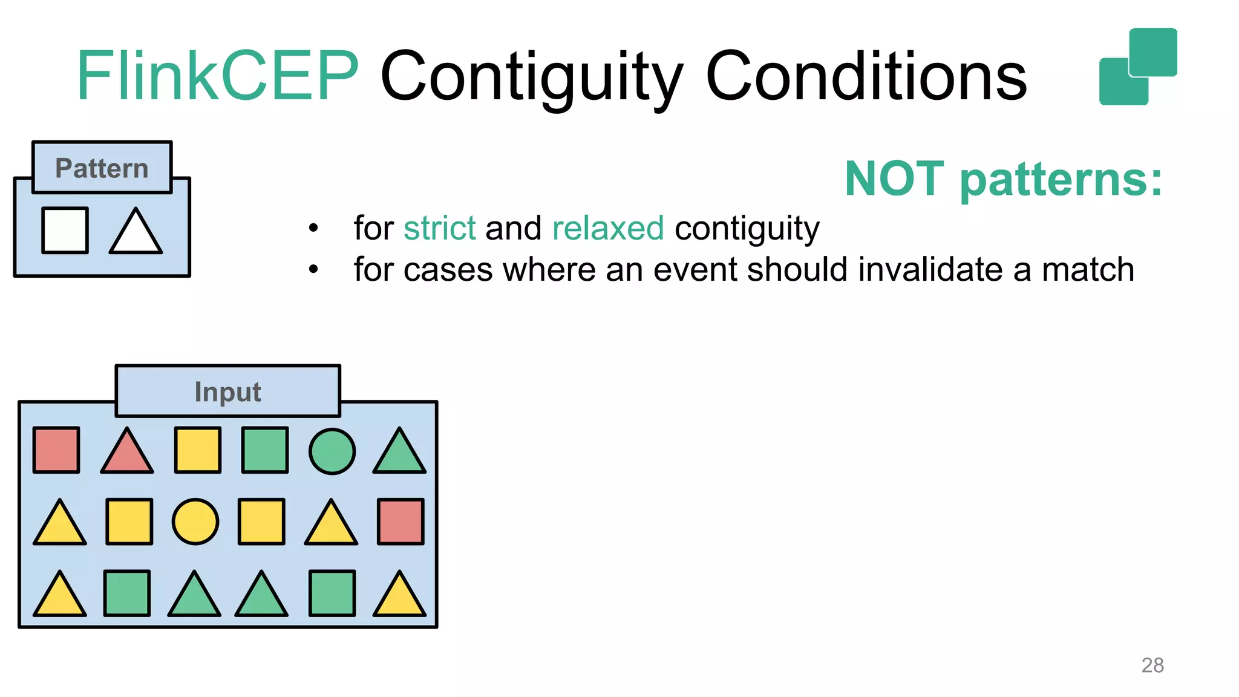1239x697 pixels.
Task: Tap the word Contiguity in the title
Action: click(531, 76)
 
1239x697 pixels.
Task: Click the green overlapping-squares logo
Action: click(1137, 67)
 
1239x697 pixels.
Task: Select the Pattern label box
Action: click(102, 168)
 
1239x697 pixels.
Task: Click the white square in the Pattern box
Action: click(65, 230)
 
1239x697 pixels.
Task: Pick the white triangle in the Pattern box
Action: click(136, 233)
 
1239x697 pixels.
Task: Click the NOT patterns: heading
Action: click(1003, 179)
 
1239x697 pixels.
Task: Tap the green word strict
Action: click(440, 228)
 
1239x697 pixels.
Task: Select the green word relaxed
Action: click(608, 228)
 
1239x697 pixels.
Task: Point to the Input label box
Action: click(227, 391)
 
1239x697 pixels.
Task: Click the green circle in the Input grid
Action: click(332, 451)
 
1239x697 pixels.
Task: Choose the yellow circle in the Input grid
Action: click(195, 522)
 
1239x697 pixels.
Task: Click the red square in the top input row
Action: click(56, 450)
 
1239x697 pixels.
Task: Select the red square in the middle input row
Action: click(400, 522)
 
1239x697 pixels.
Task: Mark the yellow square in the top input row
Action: click(197, 450)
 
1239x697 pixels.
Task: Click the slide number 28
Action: click(1152, 665)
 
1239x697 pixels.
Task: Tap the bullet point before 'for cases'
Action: click(313, 269)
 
